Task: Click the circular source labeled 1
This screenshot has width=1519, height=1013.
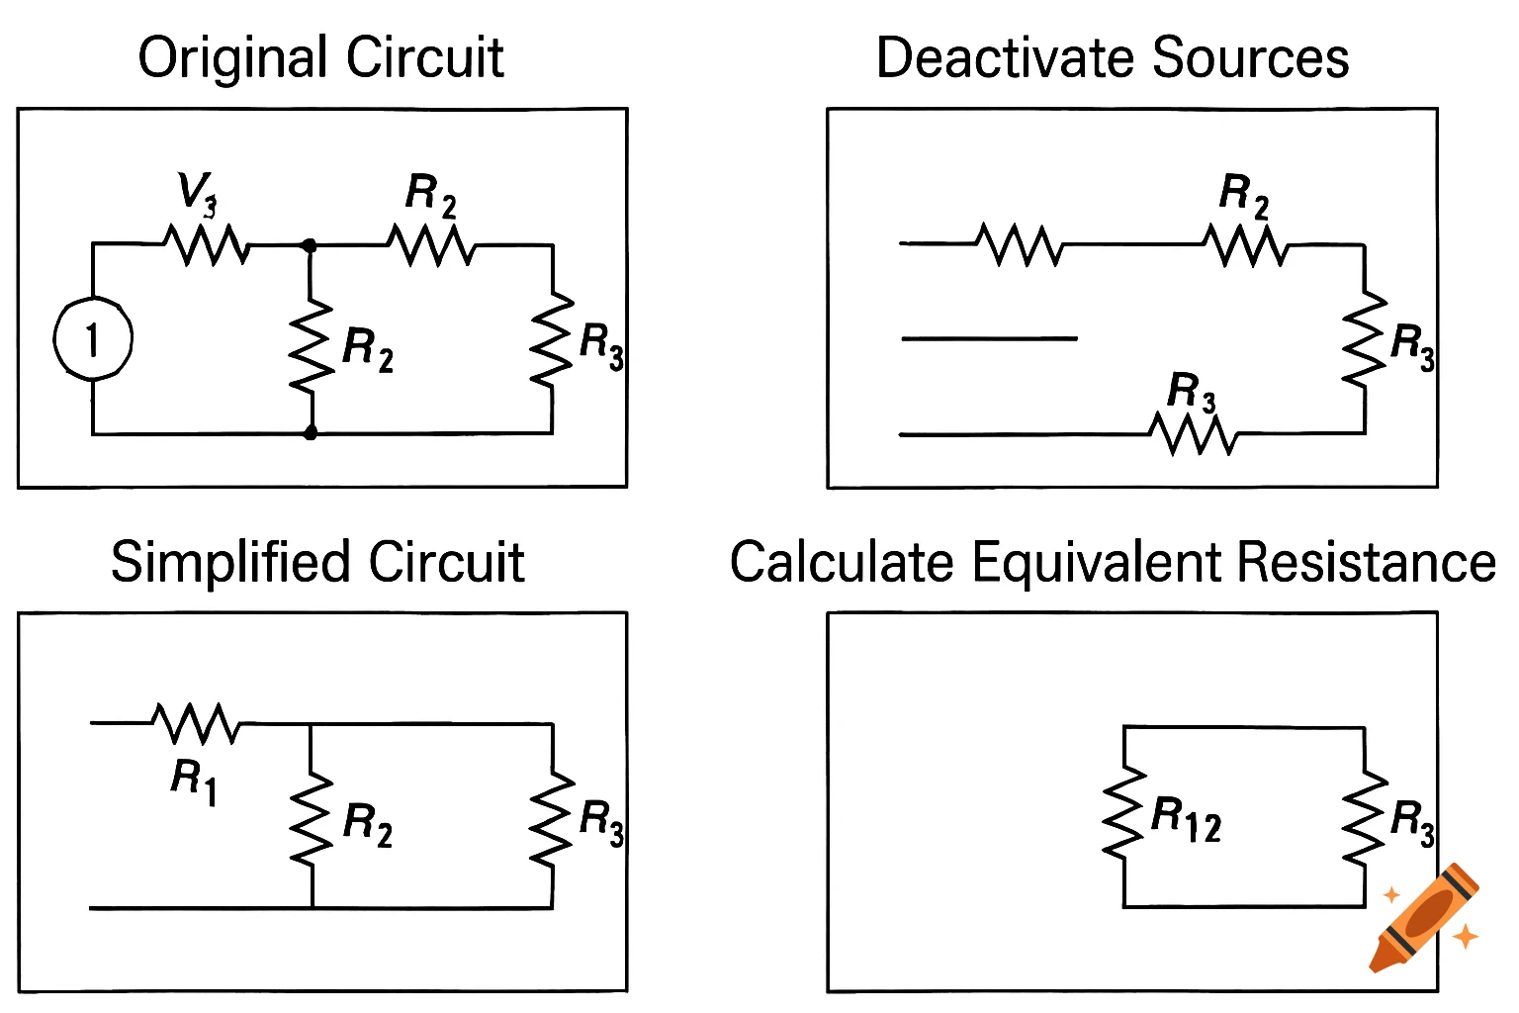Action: pyautogui.click(x=92, y=339)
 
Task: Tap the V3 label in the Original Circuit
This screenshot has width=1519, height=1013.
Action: pyautogui.click(x=196, y=192)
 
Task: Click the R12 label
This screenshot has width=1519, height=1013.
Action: pyautogui.click(x=1186, y=820)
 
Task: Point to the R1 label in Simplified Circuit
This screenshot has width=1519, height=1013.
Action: pyautogui.click(x=193, y=780)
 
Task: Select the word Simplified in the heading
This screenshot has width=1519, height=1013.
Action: pyautogui.click(x=230, y=562)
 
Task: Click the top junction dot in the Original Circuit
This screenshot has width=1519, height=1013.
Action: pyautogui.click(x=310, y=244)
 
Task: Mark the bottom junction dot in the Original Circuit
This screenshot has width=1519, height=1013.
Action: pyautogui.click(x=311, y=432)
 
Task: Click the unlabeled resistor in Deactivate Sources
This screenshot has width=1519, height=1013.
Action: pyautogui.click(x=1020, y=244)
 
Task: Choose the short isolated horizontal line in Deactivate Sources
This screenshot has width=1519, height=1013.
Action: pyautogui.click(x=989, y=338)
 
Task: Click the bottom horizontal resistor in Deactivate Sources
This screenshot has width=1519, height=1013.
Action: pyautogui.click(x=1194, y=433)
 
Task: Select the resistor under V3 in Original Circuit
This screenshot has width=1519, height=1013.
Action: pyautogui.click(x=208, y=244)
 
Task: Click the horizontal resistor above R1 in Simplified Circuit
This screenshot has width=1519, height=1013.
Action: pyautogui.click(x=197, y=723)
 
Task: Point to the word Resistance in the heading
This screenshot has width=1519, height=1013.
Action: pyautogui.click(x=1367, y=562)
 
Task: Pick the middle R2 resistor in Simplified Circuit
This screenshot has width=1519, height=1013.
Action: pyautogui.click(x=312, y=819)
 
